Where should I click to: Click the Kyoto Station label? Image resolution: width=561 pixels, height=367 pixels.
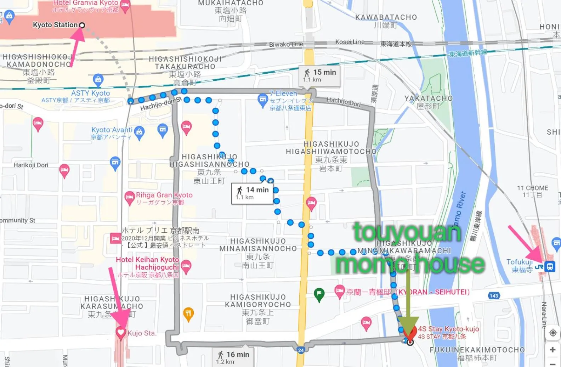click(55, 25)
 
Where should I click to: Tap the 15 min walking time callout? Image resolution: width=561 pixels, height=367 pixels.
click(319, 75)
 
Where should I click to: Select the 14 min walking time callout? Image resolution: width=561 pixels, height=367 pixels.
click(252, 193)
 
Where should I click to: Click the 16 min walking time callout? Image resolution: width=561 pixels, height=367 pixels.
click(233, 357)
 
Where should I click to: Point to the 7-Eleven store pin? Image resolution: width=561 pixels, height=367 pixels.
click(262, 99)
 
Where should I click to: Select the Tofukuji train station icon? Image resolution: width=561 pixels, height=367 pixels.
click(550, 266)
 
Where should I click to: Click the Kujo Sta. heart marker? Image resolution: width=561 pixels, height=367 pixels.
click(121, 333)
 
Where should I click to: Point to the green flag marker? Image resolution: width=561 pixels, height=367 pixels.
click(319, 294)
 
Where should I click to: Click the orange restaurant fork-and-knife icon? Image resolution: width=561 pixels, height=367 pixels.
click(188, 314)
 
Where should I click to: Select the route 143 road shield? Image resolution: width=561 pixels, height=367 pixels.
click(494, 295)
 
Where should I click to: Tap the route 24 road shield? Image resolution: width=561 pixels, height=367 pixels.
click(301, 350)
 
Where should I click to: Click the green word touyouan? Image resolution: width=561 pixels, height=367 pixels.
click(407, 232)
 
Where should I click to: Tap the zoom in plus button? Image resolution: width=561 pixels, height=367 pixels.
click(552, 350)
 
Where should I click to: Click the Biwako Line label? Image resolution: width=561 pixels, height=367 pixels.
click(286, 44)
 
